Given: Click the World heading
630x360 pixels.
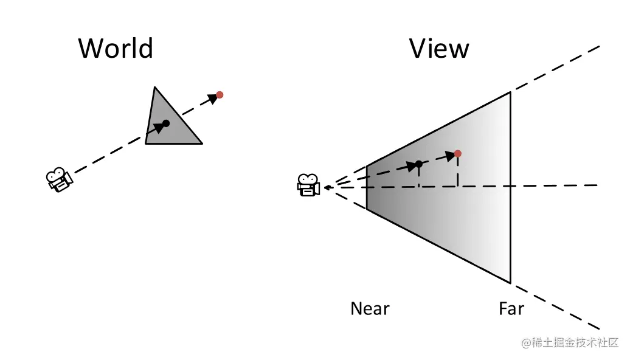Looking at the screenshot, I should pos(116,48).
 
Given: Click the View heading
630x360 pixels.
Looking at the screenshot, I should pos(439,48).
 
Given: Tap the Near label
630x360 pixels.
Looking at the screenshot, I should pos(370,309).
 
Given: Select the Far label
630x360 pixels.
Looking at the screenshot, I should pos(511,309).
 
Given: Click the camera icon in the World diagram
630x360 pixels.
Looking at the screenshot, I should pos(59,179).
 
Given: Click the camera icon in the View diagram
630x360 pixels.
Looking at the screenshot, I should pos(308,185).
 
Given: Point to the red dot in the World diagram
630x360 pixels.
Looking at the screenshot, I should pos(220,95).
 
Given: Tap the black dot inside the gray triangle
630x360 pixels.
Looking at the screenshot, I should pos(166,123).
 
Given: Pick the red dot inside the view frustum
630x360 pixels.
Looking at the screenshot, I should pos(457,153).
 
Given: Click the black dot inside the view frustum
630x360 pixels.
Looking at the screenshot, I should pos(418,164).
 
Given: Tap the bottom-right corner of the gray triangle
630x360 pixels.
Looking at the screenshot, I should pos(201,144).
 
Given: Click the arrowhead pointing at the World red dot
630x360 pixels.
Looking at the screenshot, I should pos(212,98).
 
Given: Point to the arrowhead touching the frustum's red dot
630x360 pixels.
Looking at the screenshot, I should pos(451,156).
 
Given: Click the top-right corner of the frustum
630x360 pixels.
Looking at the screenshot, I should pos(510,92).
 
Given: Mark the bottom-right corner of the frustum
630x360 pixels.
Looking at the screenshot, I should pos(510,283).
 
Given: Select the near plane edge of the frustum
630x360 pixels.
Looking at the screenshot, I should pos(367,187).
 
